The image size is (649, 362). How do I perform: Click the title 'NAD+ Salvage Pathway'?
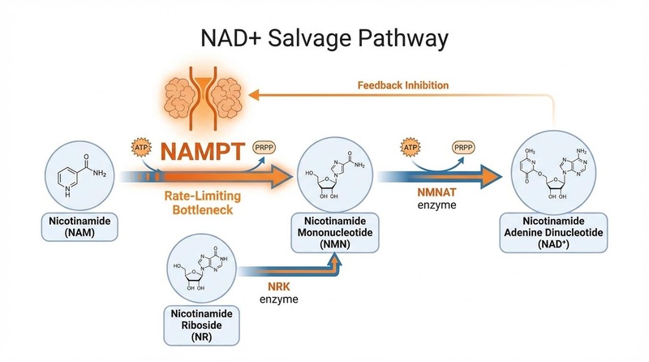[x=324, y=38]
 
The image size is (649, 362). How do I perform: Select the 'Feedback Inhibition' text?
[x=402, y=84]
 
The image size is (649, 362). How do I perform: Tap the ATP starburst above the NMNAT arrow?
[x=410, y=149]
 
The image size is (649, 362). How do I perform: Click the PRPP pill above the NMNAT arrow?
[x=465, y=149]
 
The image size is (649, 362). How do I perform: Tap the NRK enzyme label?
[x=278, y=292]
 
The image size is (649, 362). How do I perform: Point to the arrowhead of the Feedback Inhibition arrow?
[x=252, y=95]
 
